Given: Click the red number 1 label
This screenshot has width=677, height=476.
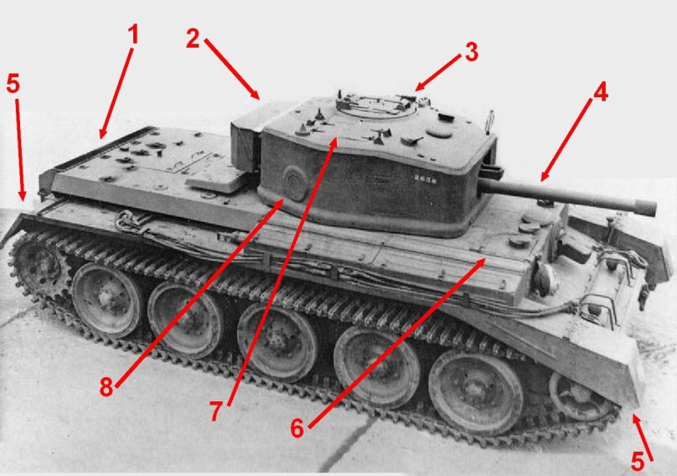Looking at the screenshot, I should (133, 35).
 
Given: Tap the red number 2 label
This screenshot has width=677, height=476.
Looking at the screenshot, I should (193, 39).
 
